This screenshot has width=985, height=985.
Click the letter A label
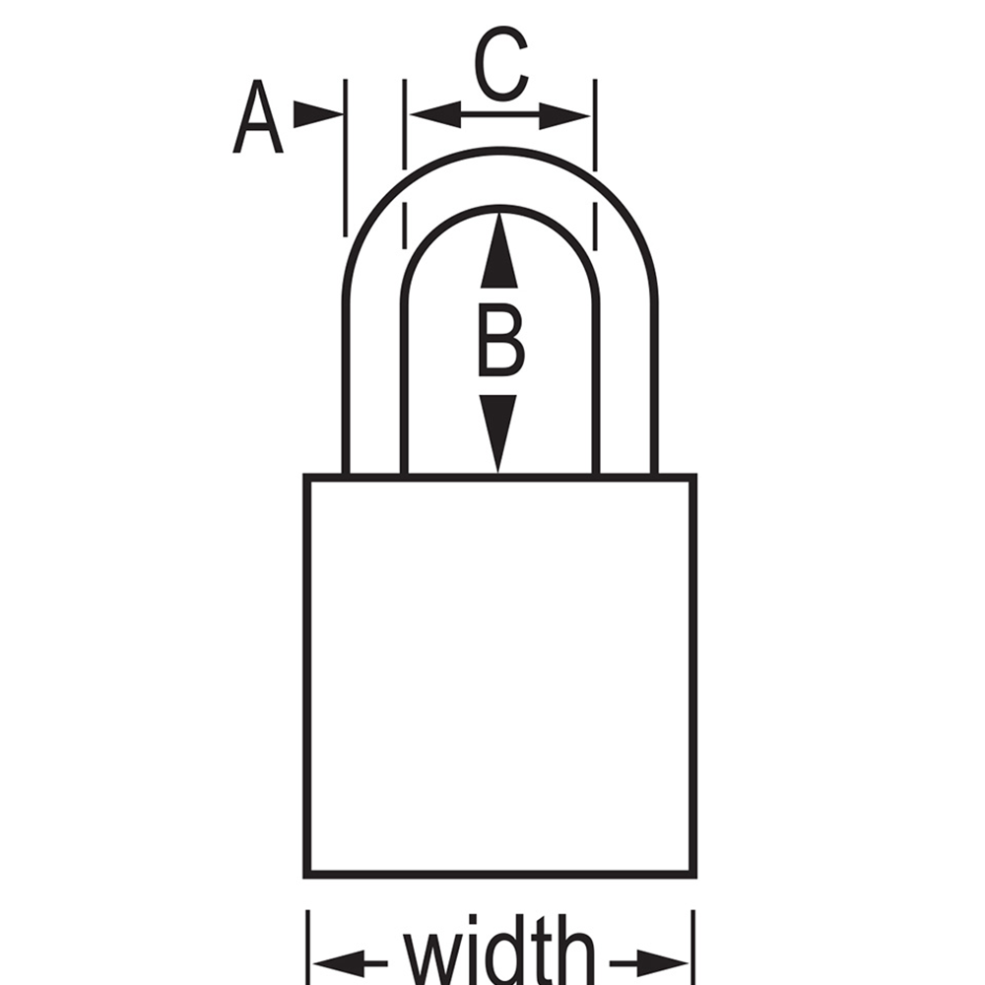pos(257,117)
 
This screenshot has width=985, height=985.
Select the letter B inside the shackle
pos(499,341)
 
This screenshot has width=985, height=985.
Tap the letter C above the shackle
pos(500,63)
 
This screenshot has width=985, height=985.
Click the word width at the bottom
pos(498,950)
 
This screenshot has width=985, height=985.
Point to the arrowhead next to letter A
pos(318,114)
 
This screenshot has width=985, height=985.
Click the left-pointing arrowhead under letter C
pos(435,115)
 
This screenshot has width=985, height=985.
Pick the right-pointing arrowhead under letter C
pos(564,115)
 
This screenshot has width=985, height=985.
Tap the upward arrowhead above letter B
pos(498,250)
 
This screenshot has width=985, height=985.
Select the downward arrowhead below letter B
pos(498,433)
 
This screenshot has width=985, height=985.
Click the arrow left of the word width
pos(350,962)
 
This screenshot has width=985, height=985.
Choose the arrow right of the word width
pos(649,962)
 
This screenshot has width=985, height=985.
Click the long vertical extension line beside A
pos(346,158)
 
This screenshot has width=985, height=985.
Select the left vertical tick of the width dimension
pos(307,947)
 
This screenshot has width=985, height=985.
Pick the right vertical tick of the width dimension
pos(692,947)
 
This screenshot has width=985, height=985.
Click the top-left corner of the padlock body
pos(306,477)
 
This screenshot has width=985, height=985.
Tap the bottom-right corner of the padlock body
pos(694,875)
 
